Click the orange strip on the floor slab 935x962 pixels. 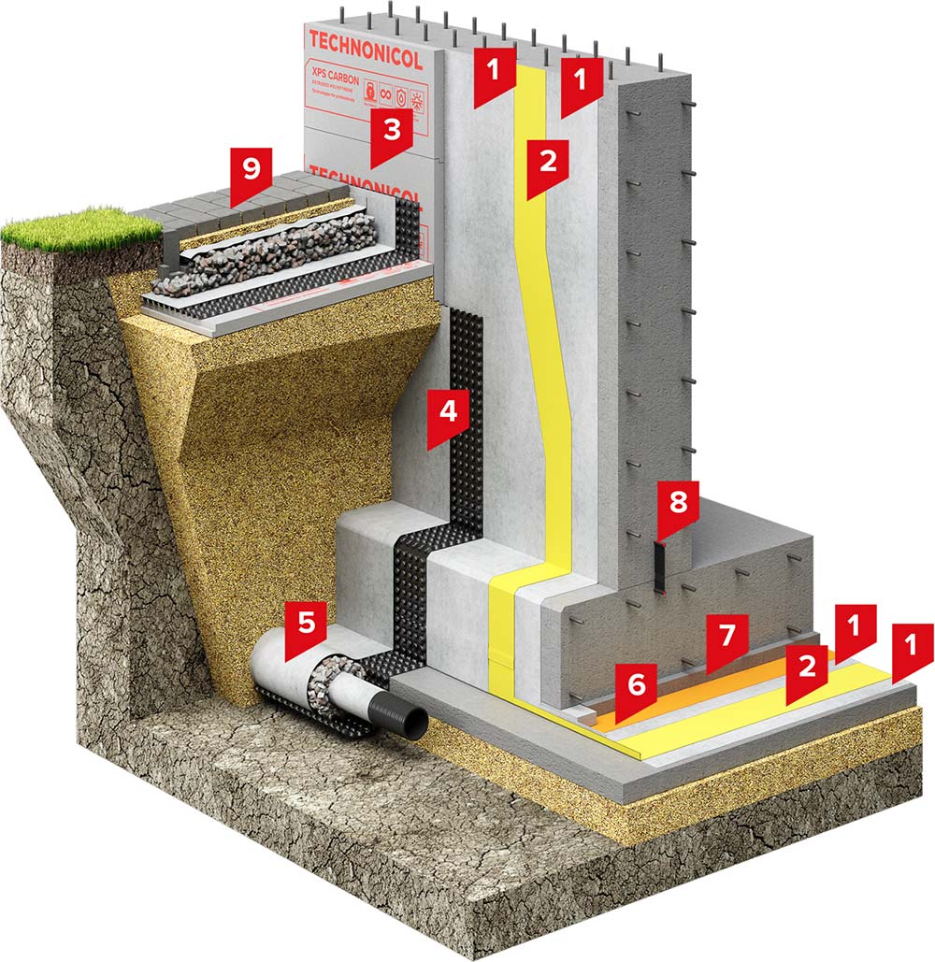673,699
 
